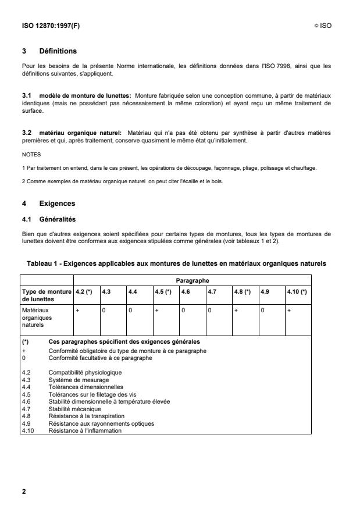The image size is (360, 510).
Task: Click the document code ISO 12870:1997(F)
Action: pos(48,26)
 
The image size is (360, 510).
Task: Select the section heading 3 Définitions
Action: pos(51,51)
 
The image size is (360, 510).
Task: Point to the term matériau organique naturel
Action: pos(82,133)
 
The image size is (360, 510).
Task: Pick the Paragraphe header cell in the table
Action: pos(193,280)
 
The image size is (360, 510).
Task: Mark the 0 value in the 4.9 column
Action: pos(262,311)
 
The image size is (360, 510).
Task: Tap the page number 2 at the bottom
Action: pos(24,491)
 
